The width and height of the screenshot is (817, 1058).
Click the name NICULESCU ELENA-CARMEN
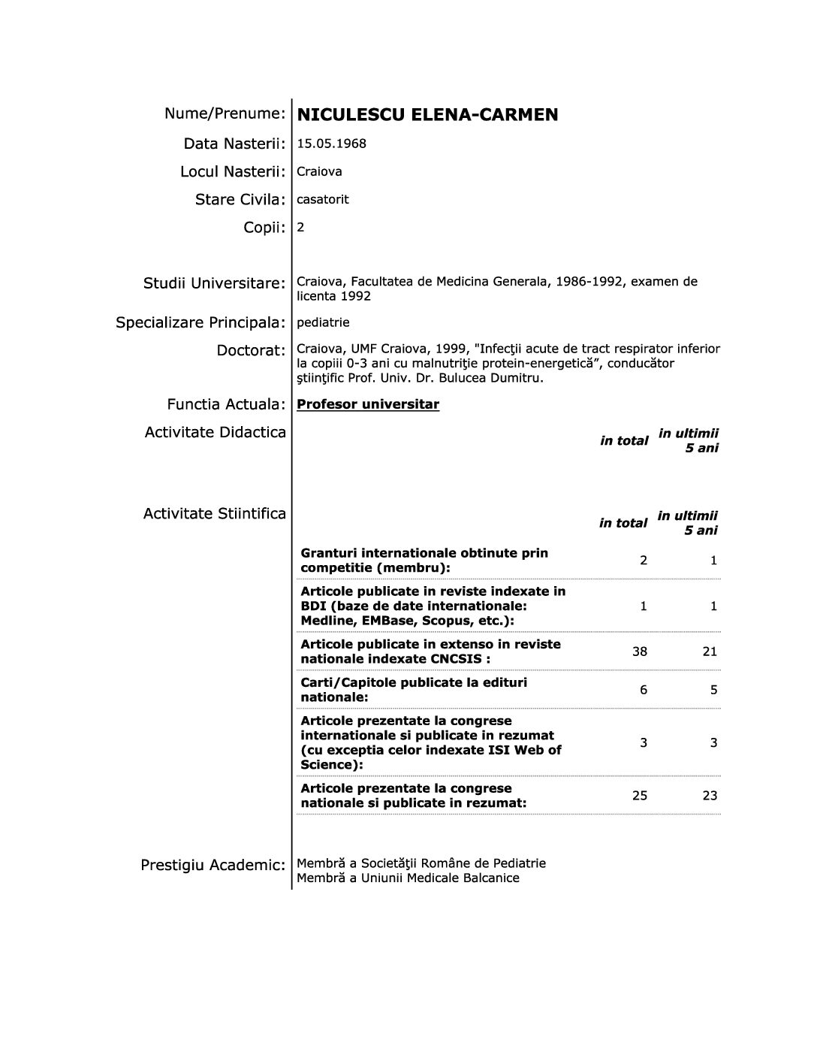click(x=427, y=115)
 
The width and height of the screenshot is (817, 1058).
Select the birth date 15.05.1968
click(x=331, y=144)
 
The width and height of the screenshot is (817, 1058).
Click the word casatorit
click(x=322, y=200)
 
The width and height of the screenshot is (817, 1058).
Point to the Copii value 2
click(x=300, y=227)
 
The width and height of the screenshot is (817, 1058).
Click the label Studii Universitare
click(x=214, y=283)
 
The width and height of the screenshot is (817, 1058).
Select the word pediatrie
click(x=323, y=322)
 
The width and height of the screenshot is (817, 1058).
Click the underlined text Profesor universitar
click(x=368, y=404)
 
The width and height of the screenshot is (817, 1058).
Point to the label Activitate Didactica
click(x=215, y=432)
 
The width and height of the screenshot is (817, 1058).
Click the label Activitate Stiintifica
click(x=215, y=514)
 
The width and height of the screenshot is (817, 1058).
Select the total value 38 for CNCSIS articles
click(x=639, y=651)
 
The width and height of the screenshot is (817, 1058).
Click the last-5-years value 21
click(x=710, y=651)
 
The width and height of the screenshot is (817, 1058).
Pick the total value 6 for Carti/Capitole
click(x=644, y=690)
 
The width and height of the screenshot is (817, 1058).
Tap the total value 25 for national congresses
click(x=639, y=795)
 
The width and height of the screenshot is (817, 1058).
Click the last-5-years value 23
click(x=710, y=795)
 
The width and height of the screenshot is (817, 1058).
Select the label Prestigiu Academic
click(x=213, y=866)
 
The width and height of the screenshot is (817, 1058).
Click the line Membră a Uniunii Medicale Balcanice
click(x=408, y=878)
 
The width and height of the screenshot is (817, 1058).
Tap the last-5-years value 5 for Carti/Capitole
click(x=713, y=690)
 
